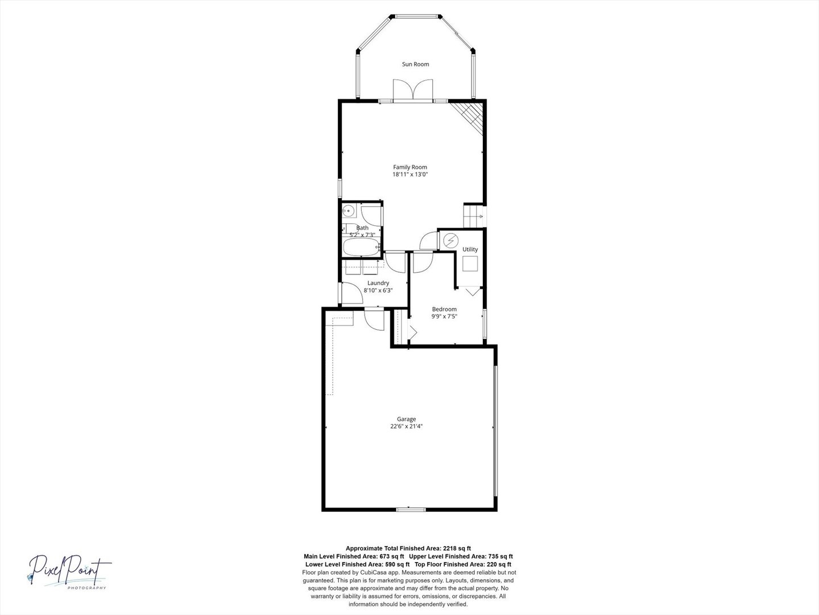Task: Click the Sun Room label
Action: pos(415,64)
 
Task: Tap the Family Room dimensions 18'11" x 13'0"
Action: pos(409,174)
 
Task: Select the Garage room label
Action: pos(406,419)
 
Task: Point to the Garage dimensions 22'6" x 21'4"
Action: pos(406,427)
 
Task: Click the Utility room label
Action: pos(470,249)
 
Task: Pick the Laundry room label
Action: pos(378,283)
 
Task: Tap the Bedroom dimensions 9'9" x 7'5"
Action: pos(444,316)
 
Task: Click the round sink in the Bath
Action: pos(349,211)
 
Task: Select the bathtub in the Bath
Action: pos(361,247)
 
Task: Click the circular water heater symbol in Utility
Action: pos(450,241)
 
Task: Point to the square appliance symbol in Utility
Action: pos(470,264)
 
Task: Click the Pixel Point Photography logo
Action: pos(69,572)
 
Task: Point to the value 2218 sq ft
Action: pos(457,548)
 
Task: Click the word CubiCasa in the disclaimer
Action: pos(374,572)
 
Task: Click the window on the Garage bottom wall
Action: pos(411,509)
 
